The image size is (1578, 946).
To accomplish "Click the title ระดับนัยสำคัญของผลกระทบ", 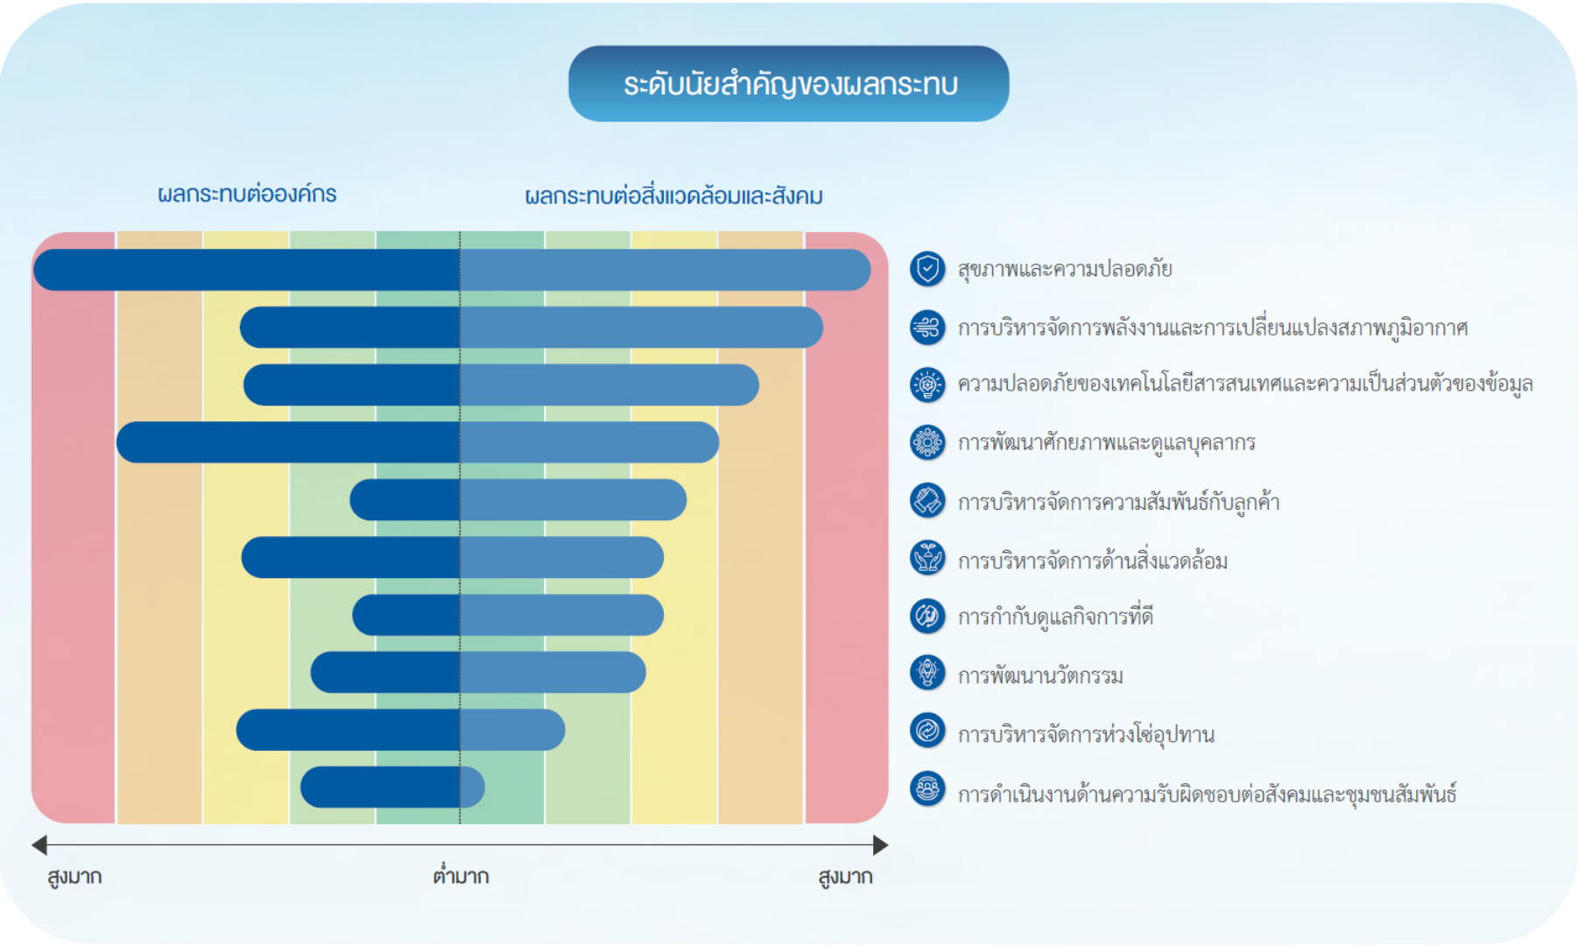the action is (x=790, y=84).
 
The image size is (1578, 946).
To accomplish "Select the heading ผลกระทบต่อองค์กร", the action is (x=247, y=194).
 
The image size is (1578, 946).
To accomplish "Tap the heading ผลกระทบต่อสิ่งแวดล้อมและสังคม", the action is (x=673, y=195).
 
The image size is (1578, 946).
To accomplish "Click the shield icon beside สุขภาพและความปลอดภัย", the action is (x=927, y=269).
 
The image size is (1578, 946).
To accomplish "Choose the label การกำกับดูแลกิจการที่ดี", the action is (x=1055, y=617).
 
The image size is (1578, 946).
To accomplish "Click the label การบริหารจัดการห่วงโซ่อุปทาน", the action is (x=1086, y=734).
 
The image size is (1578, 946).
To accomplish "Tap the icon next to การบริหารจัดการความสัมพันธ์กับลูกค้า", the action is (x=927, y=501).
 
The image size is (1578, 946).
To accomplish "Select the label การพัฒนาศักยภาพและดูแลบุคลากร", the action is (x=1106, y=442).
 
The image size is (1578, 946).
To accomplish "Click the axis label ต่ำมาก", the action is (x=461, y=875).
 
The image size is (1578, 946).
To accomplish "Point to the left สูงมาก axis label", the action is (x=74, y=877).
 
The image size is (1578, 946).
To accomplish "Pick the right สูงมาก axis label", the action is (x=845, y=877).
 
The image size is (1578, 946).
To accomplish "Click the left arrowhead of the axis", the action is (x=39, y=845).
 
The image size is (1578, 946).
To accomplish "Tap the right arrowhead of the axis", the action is (x=881, y=845).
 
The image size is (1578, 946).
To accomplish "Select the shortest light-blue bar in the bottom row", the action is (x=472, y=787).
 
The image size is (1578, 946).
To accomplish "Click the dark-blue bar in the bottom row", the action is (x=380, y=787).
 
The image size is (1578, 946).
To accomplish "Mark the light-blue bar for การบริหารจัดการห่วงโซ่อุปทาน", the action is (x=512, y=730).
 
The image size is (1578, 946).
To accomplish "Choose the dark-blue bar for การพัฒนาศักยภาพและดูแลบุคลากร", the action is (x=288, y=442).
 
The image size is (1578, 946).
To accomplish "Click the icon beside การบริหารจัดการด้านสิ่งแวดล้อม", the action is (x=927, y=558).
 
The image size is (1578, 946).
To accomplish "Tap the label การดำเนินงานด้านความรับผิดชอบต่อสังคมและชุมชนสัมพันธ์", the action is (x=1207, y=794).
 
